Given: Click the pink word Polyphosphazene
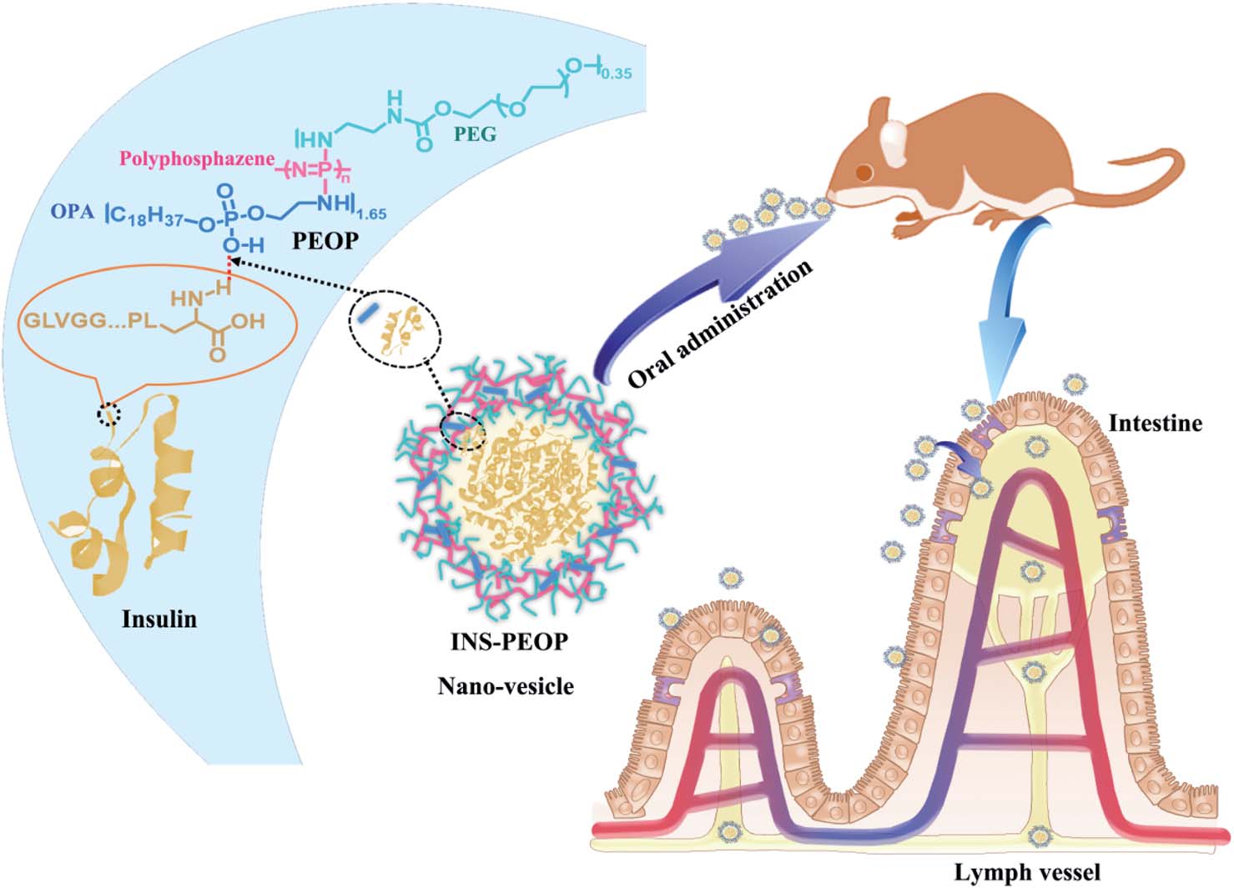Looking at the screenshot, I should pos(197,159).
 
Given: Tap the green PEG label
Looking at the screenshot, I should pos(475,133).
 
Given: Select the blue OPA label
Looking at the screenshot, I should pos(73,211).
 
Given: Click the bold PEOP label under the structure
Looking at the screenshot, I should pos(325,241).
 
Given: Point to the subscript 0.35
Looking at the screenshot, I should pos(616,73).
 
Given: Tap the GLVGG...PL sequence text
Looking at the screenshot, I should pos(90,320).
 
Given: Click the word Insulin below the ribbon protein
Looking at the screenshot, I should pos(159,619).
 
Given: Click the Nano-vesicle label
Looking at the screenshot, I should pos(506,686).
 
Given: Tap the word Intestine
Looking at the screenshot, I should pos(1155,424).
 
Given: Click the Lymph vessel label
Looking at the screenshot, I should pos(1027,872).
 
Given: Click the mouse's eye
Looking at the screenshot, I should pos(865,173).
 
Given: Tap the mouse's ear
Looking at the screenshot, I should pos(896,137).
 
